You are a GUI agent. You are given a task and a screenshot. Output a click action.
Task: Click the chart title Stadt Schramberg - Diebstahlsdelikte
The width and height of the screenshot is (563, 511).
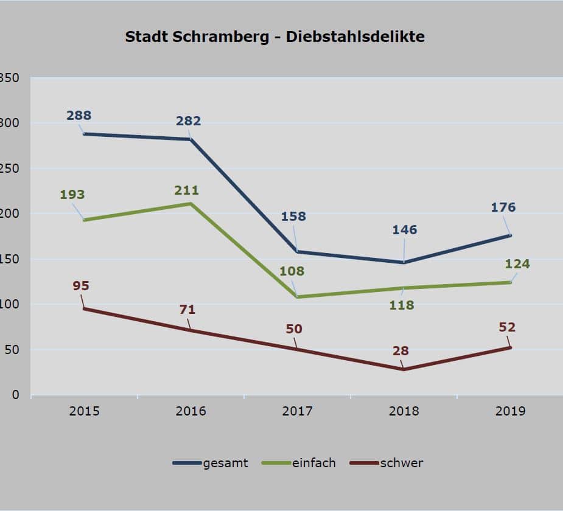[x=275, y=36]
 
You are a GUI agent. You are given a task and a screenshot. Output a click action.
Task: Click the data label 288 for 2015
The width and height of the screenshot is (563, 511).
[x=80, y=115]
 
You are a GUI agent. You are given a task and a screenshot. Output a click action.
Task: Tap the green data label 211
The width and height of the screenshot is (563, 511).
[x=186, y=190]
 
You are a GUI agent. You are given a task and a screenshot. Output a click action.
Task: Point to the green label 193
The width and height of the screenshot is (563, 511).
[x=72, y=195]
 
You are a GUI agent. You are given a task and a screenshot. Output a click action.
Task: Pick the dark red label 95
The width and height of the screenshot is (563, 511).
[x=81, y=285]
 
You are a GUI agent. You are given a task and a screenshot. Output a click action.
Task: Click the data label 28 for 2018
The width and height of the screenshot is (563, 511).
[x=400, y=350]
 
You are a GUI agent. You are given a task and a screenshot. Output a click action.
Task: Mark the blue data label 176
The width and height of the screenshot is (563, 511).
[x=503, y=207]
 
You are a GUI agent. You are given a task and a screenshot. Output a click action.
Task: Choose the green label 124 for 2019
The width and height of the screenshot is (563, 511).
[x=517, y=264]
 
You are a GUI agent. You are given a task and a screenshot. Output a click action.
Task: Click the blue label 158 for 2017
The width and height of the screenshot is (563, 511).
[x=293, y=216]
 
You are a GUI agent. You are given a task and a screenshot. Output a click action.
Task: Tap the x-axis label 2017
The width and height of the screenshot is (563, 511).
[x=297, y=411]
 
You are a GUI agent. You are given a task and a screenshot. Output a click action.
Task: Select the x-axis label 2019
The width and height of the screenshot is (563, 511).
[x=510, y=411]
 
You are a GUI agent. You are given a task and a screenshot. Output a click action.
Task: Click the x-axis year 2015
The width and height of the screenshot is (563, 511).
[x=84, y=411]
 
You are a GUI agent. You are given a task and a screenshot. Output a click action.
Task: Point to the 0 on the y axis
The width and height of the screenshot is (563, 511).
[x=16, y=395]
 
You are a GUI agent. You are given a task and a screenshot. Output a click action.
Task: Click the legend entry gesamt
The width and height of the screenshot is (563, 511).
[x=225, y=463]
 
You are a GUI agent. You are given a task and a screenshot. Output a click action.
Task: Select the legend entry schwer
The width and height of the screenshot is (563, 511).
[x=401, y=463]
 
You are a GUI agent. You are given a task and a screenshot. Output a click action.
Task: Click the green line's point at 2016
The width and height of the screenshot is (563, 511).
[x=191, y=203]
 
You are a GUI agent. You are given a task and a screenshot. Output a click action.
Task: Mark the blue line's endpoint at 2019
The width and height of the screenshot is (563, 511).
[x=510, y=235]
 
